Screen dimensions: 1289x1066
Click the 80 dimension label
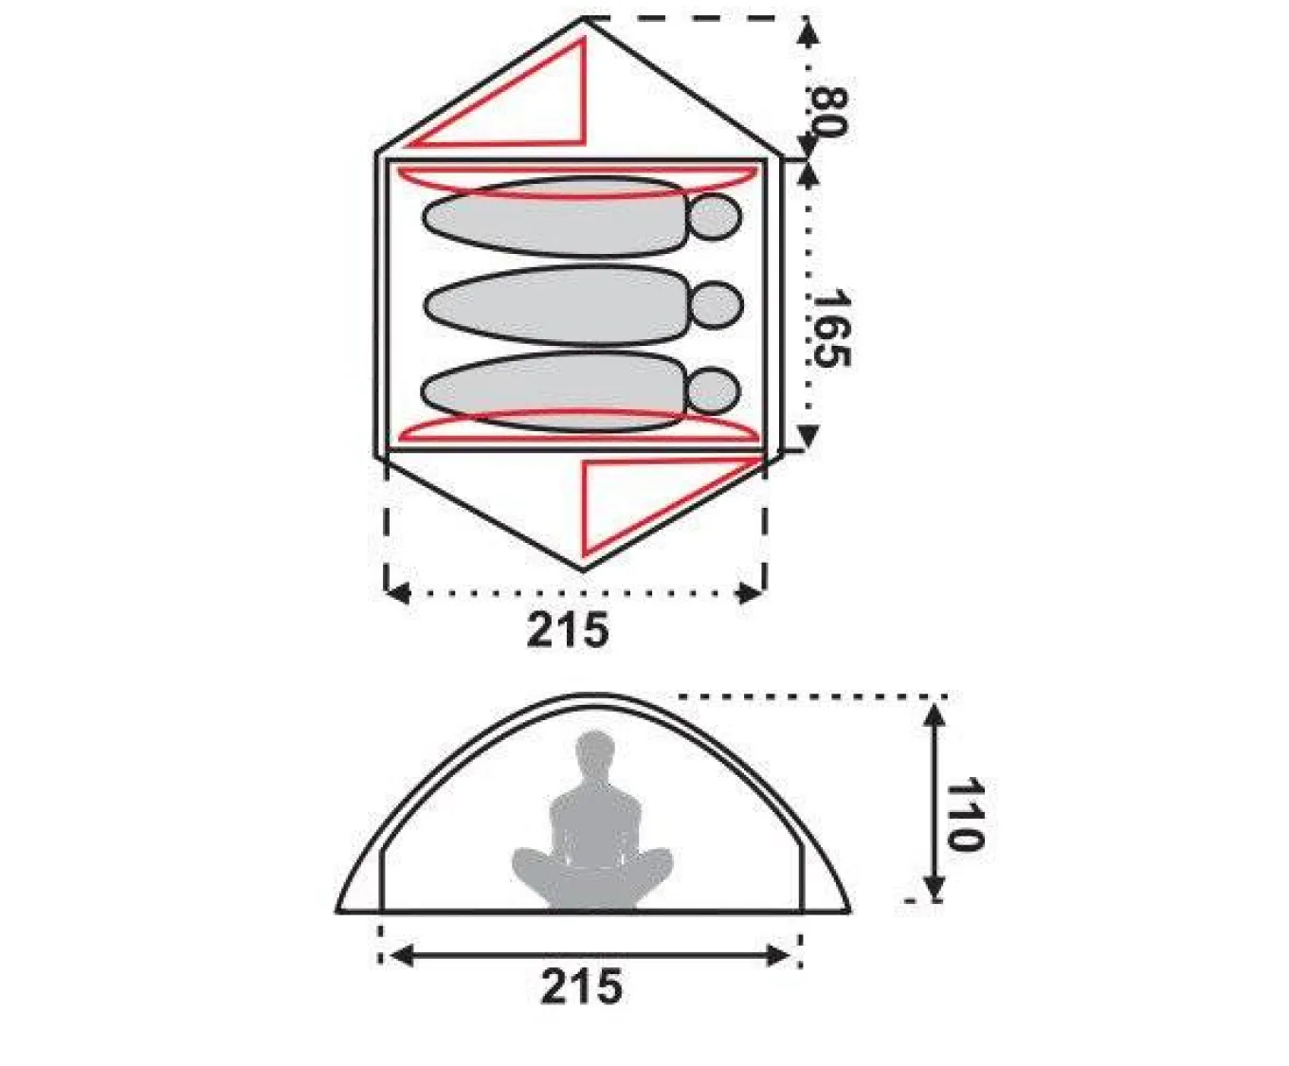point(828,113)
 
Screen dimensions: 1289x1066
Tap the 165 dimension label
point(830,327)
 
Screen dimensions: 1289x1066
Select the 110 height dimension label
point(964,814)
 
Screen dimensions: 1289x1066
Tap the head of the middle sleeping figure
point(717,304)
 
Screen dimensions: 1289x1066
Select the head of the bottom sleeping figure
point(714,390)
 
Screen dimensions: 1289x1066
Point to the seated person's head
point(595,751)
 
